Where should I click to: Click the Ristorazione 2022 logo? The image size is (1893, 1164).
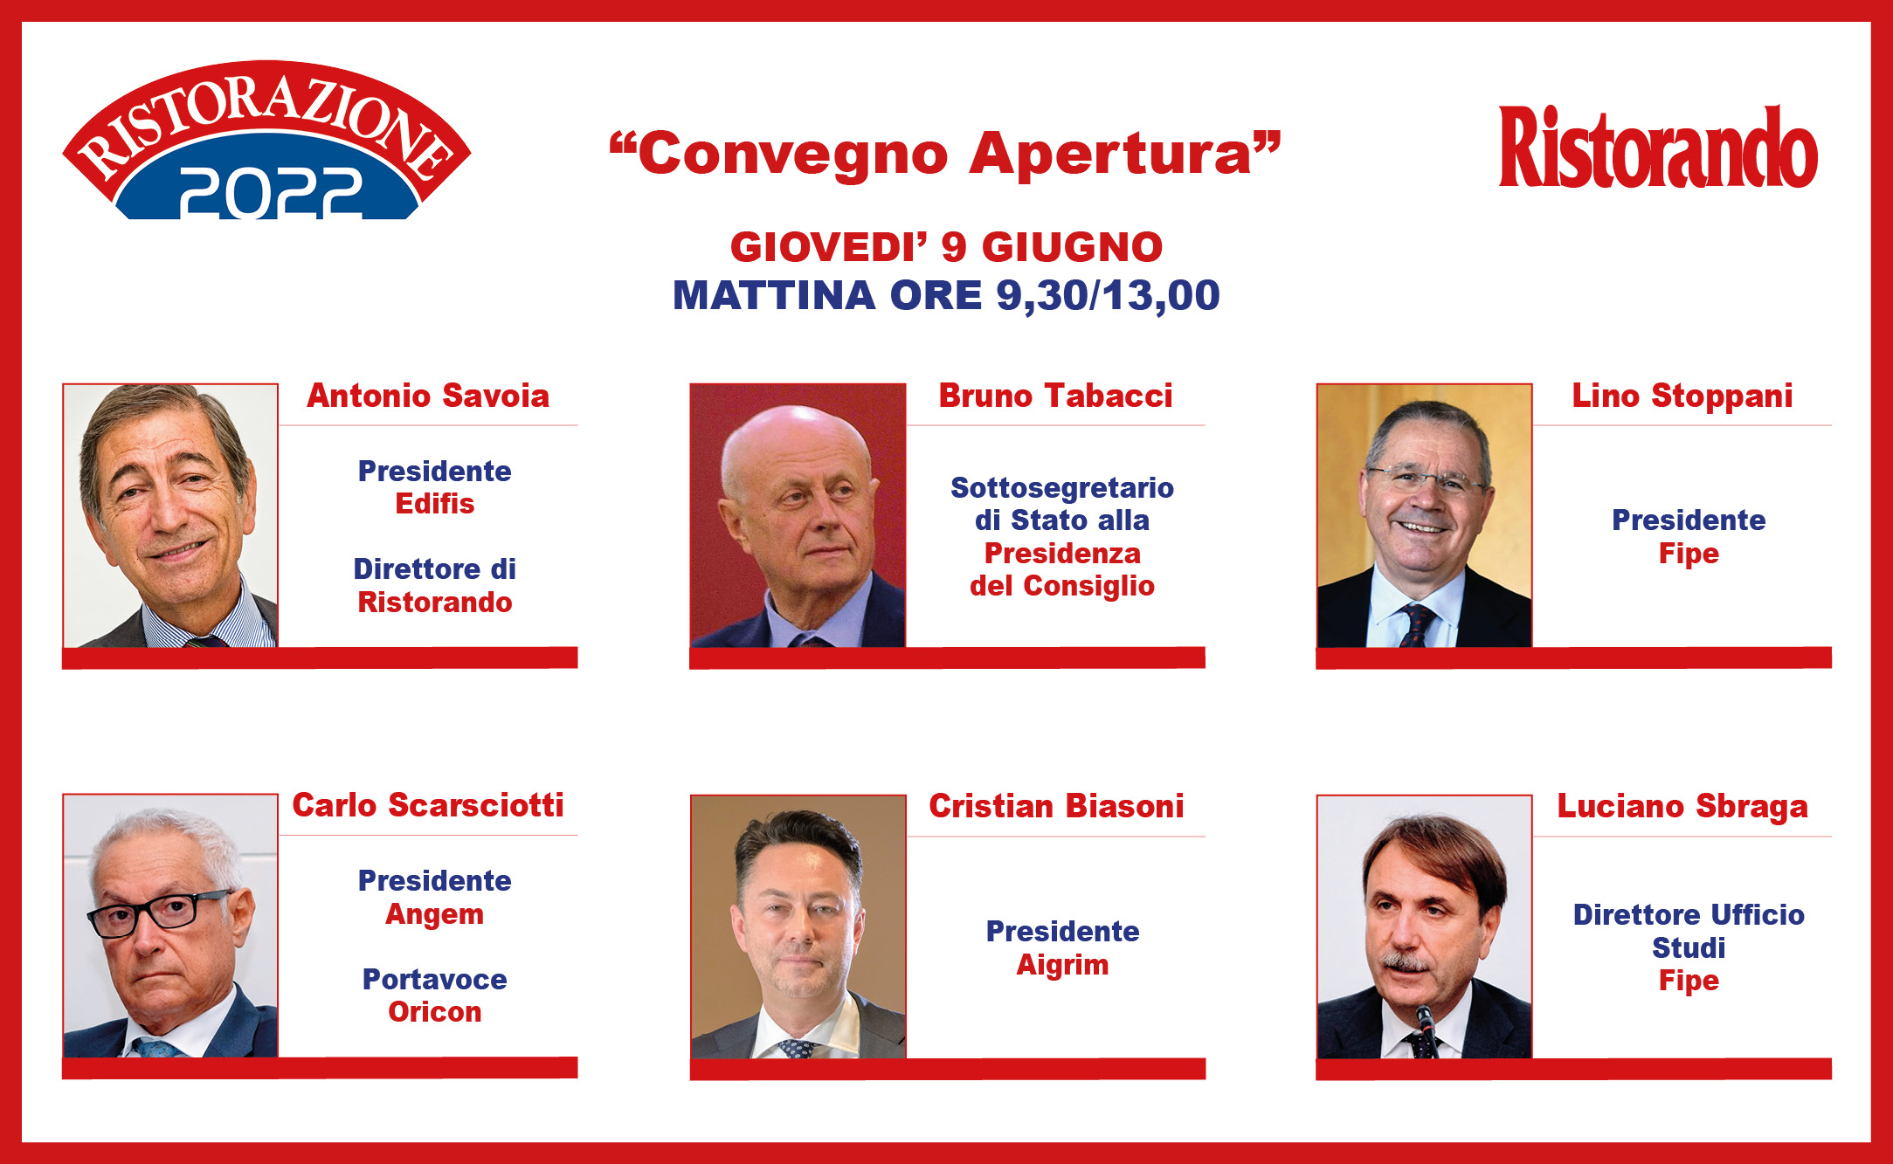[x=267, y=140]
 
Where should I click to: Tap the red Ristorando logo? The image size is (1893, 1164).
[x=1658, y=147]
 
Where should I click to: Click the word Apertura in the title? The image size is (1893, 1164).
[x=1125, y=155]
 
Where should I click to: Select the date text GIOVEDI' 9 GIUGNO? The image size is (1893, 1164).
[x=947, y=247]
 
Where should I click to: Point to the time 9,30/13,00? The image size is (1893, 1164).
[x=1108, y=295]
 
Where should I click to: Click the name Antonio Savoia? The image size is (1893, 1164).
[x=428, y=396]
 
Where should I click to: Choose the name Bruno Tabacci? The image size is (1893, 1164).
[x=1055, y=396]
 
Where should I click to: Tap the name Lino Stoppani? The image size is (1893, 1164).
[x=1682, y=396]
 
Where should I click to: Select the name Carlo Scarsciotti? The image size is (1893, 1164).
[x=428, y=805]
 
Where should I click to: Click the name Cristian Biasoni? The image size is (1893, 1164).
[x=1056, y=806]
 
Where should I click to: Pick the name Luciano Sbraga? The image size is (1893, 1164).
[x=1682, y=807]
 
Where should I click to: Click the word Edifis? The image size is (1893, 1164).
[x=435, y=504]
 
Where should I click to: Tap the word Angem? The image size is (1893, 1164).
[x=435, y=914]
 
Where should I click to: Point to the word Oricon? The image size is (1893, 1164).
[x=435, y=1012]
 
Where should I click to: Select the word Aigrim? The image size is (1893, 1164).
[x=1062, y=965]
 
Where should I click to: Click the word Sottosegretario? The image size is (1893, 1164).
[x=1062, y=487]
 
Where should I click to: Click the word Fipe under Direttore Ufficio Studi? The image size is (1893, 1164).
[x=1689, y=981]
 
